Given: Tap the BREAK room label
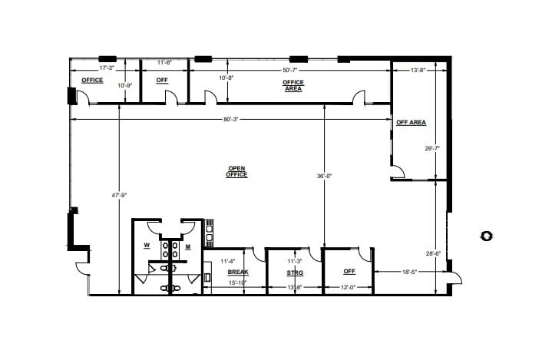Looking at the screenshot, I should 238,272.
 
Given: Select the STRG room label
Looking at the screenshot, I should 294,272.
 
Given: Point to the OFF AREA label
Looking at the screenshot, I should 411,122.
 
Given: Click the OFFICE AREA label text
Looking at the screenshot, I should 293,85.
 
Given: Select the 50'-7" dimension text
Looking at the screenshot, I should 292,70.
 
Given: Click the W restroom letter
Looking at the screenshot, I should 146,246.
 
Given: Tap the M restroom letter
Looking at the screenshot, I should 187,246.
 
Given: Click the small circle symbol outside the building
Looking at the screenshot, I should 485,236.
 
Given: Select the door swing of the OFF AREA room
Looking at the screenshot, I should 398,172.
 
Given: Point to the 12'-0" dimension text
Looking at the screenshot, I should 349,287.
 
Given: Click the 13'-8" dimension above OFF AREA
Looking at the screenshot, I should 418,71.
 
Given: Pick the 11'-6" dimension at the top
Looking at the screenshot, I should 164,61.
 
